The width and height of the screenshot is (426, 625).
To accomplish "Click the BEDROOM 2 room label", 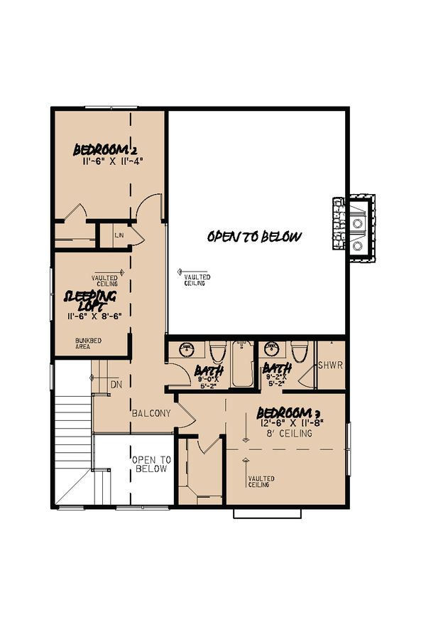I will point(105,150).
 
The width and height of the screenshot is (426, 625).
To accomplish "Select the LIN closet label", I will point(119,233).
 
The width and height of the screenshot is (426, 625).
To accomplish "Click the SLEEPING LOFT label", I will point(90,301).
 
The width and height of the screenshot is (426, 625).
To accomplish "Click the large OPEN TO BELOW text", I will point(254,237).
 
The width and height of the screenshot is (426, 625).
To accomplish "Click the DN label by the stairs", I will point(117,384).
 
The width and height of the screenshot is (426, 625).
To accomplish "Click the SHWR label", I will point(331,366).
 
